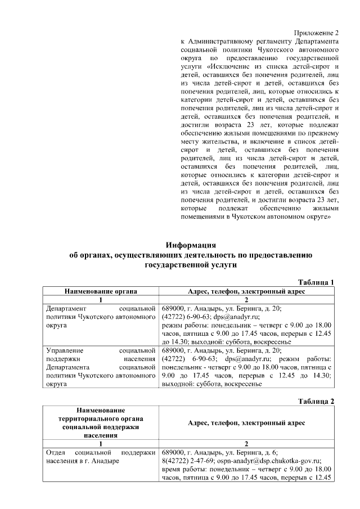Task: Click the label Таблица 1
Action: pos(316,282)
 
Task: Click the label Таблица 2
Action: pos(316,401)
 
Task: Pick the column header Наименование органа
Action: pos(101,291)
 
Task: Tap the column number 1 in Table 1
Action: pos(101,300)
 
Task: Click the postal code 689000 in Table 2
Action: pos(173,452)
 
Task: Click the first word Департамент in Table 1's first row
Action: pos(67,309)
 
